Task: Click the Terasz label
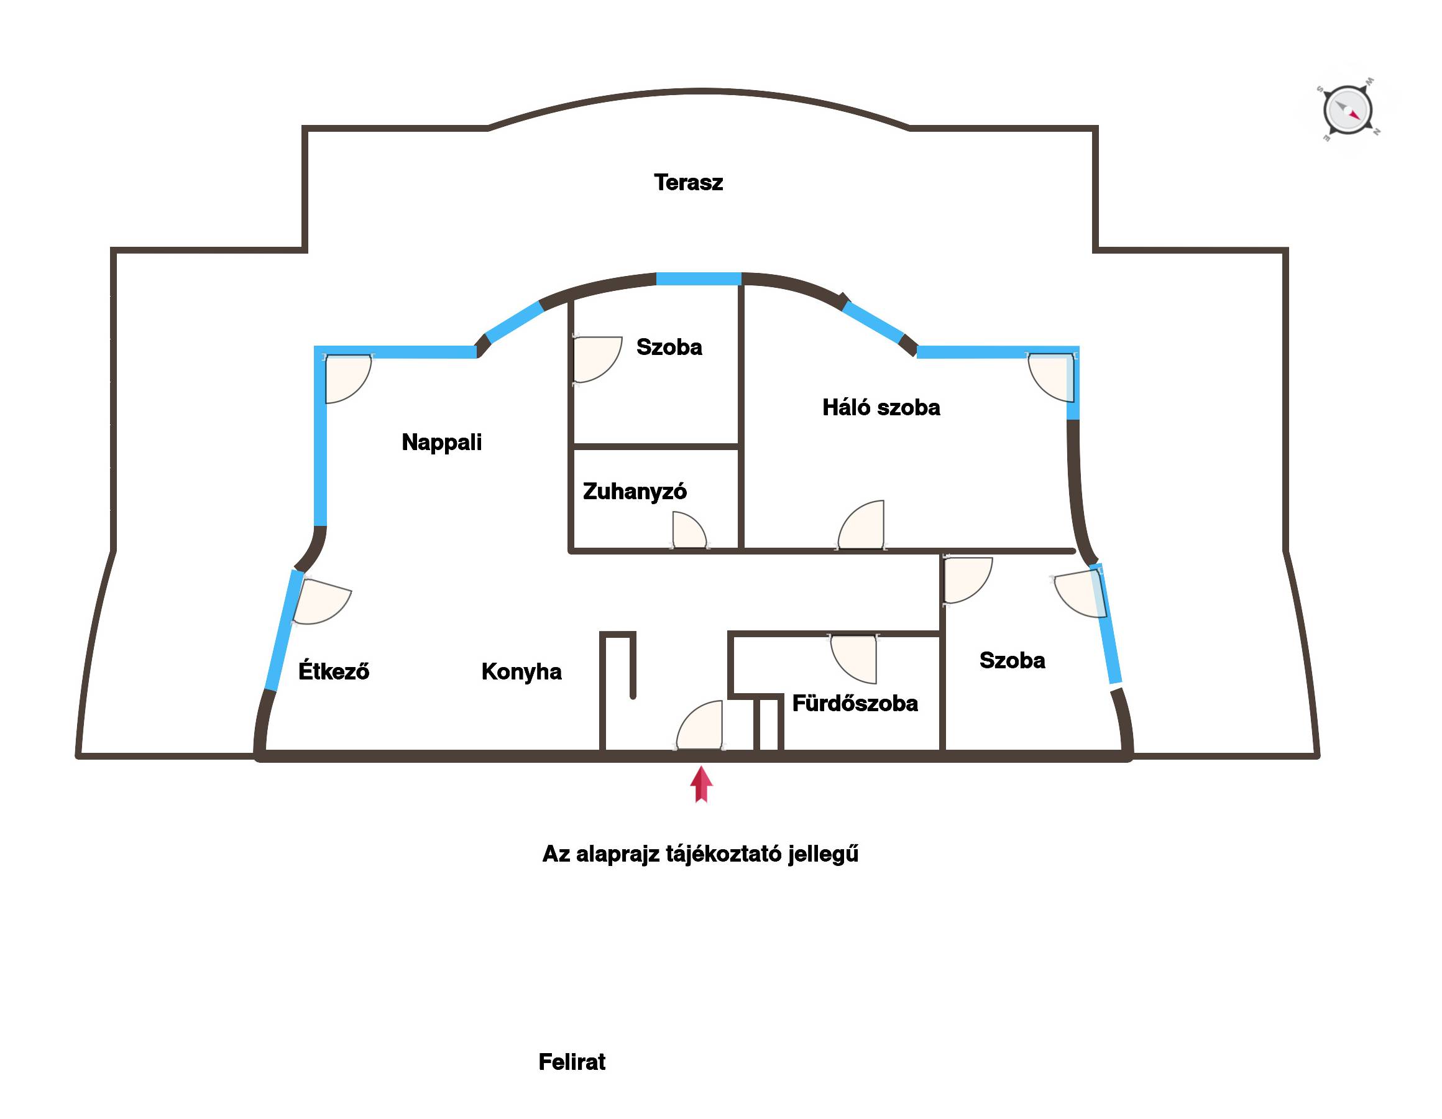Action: click(688, 182)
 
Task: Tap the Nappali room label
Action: click(442, 442)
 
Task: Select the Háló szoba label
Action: click(881, 407)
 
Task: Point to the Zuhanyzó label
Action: click(635, 492)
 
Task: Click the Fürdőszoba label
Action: click(855, 703)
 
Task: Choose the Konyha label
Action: click(521, 672)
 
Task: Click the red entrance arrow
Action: click(701, 784)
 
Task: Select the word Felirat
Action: click(572, 1062)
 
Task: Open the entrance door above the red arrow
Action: click(700, 725)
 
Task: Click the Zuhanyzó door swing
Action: click(689, 532)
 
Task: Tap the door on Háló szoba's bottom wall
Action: click(861, 525)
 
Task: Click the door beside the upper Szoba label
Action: click(597, 359)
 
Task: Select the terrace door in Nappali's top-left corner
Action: click(348, 379)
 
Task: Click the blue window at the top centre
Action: click(699, 279)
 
